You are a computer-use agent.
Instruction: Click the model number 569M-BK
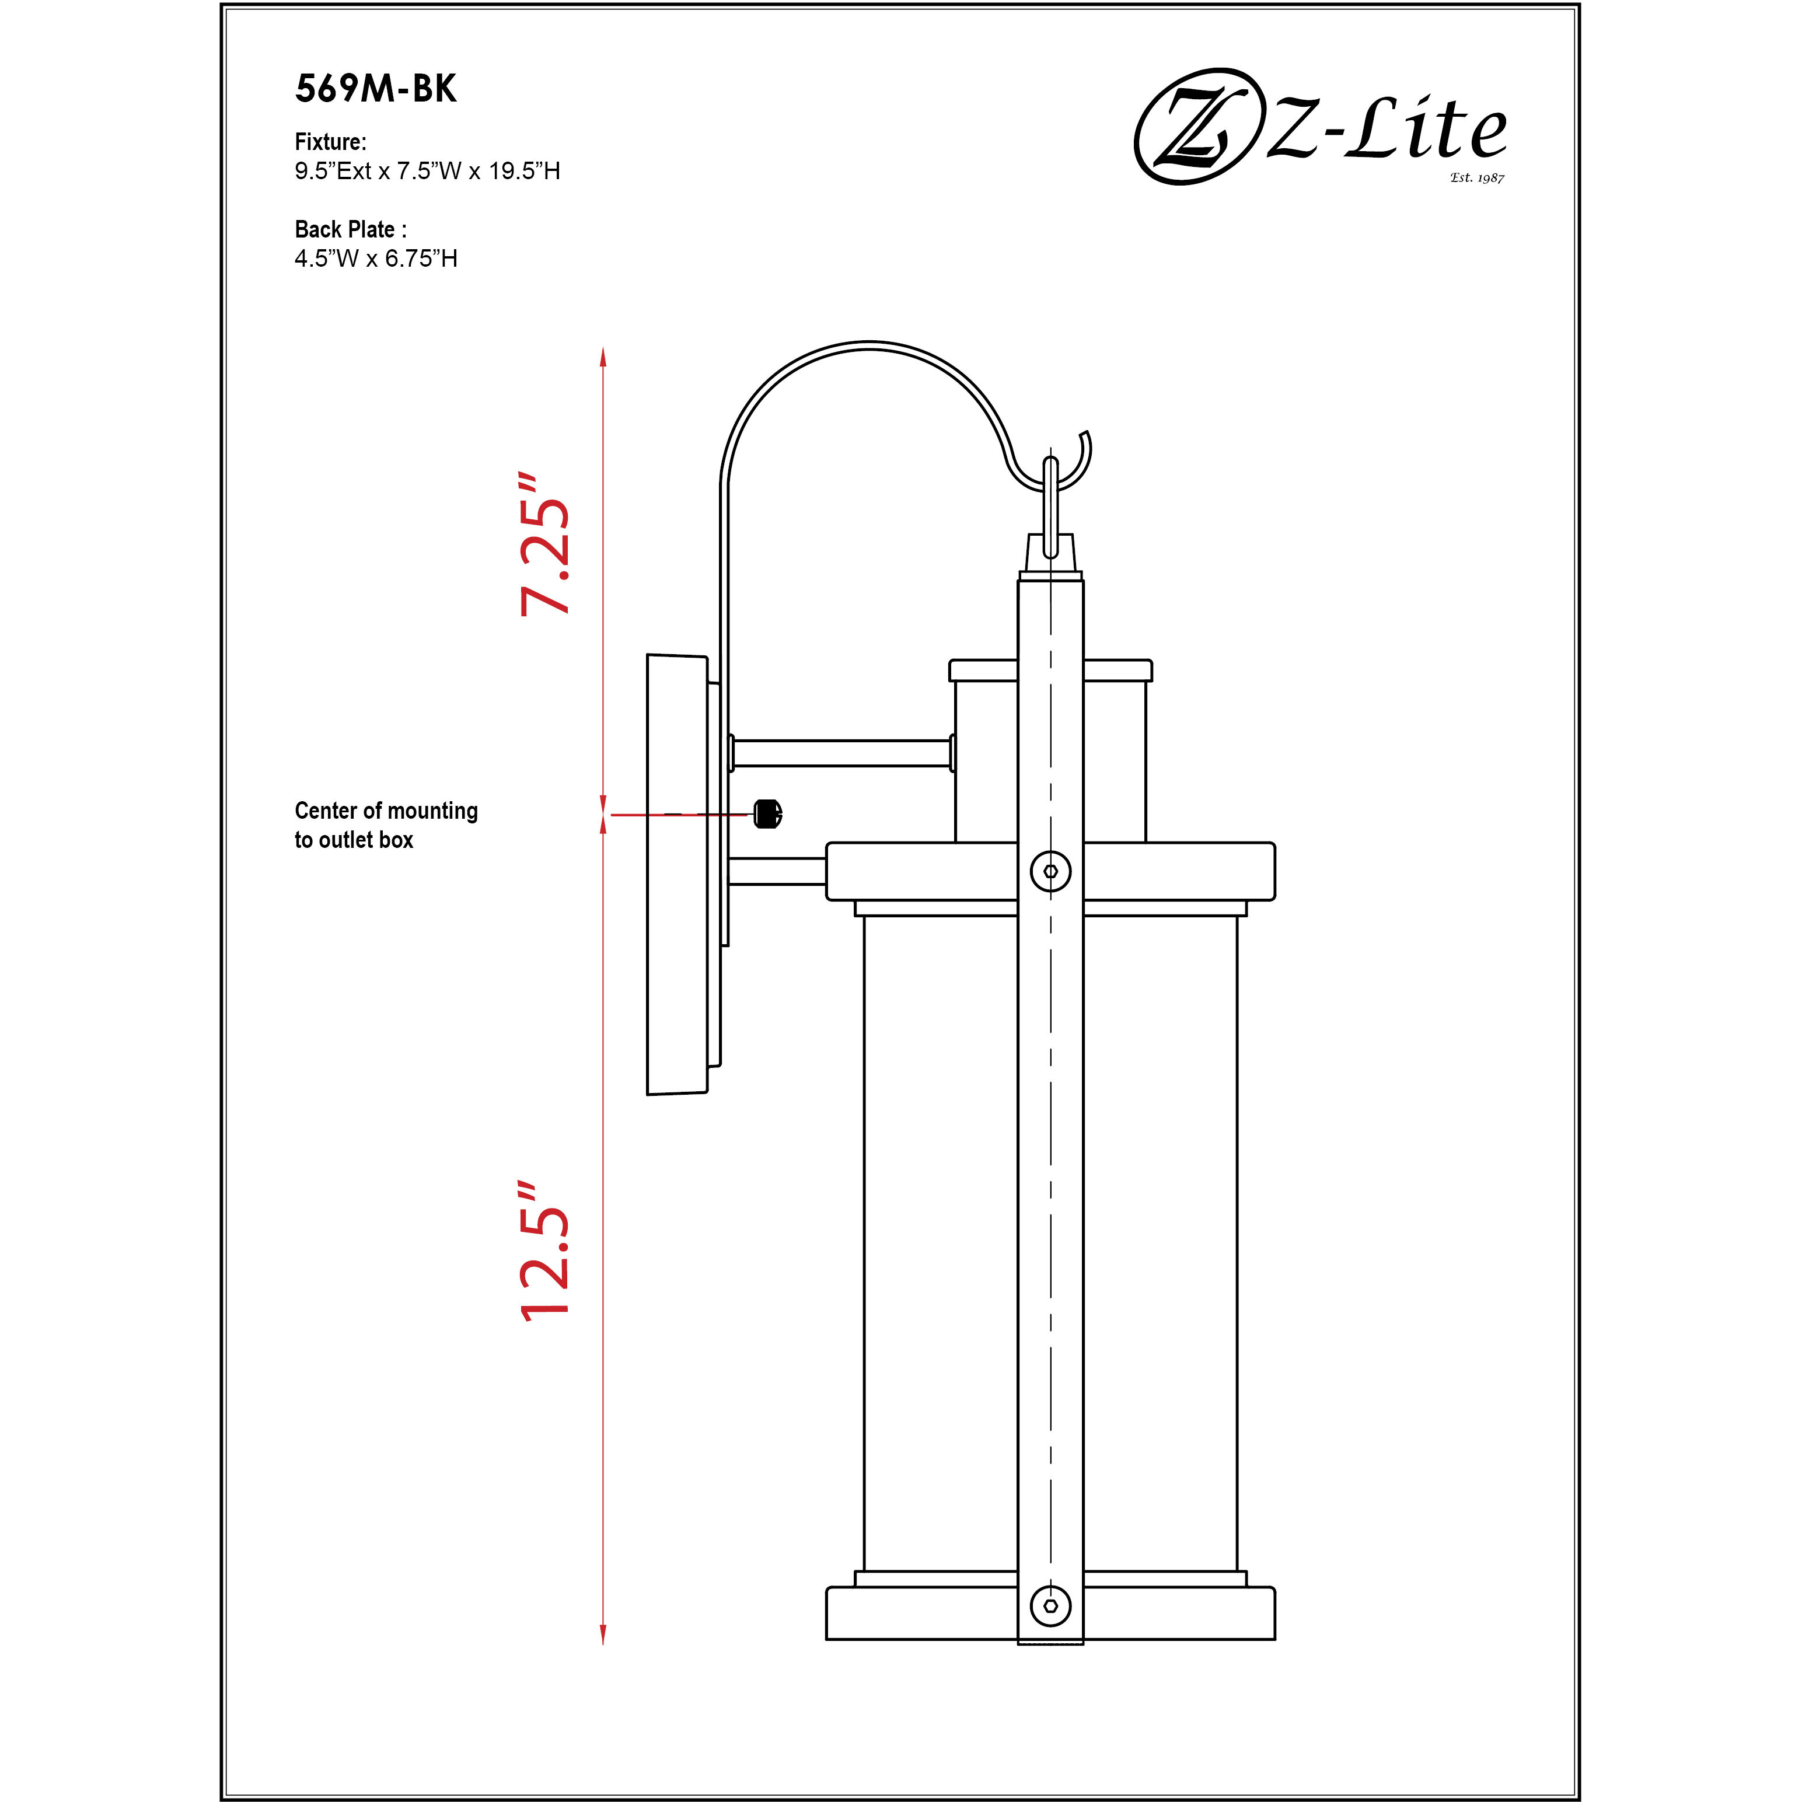pyautogui.click(x=376, y=89)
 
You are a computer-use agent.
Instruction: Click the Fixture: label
pyautogui.click(x=330, y=142)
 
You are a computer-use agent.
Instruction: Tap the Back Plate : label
pyautogui.click(x=350, y=229)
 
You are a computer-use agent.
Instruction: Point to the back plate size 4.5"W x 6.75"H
pyautogui.click(x=376, y=259)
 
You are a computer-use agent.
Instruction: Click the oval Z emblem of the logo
pyautogui.click(x=1194, y=126)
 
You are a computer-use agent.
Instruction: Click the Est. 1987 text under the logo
pyautogui.click(x=1476, y=177)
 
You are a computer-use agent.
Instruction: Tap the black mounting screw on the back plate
pyautogui.click(x=767, y=813)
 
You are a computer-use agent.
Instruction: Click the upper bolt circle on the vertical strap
pyautogui.click(x=1050, y=871)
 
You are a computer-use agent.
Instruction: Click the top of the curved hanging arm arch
pyautogui.click(x=869, y=345)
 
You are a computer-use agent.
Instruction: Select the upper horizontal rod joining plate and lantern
pyautogui.click(x=841, y=753)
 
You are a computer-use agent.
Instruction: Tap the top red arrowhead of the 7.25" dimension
pyautogui.click(x=603, y=357)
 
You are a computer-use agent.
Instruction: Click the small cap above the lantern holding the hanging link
pyautogui.click(x=1050, y=552)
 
